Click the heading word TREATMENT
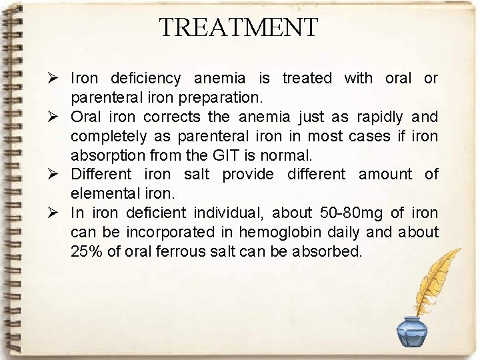pos(239,27)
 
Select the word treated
pos(307,79)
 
